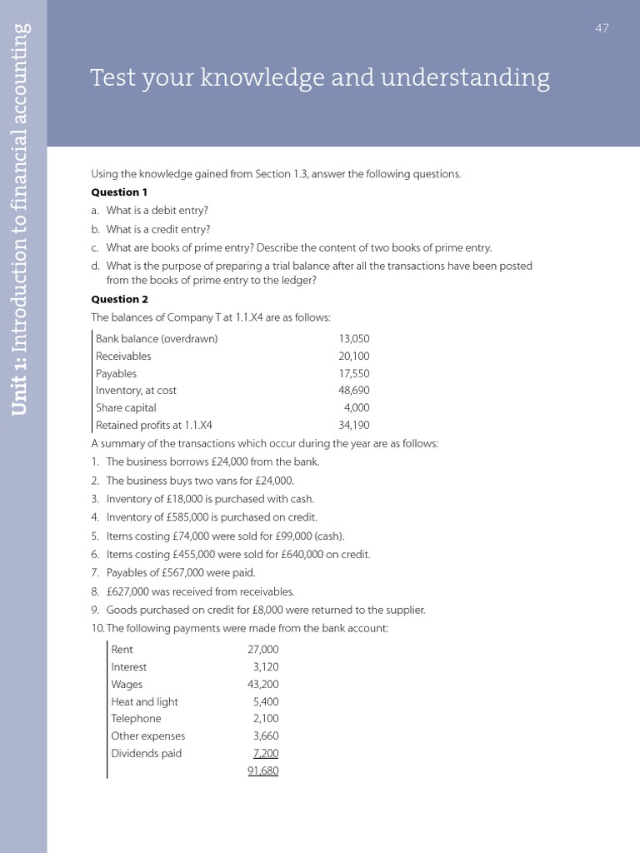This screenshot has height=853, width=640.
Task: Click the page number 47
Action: pyautogui.click(x=602, y=28)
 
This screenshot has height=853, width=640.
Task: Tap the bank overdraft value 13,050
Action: pyautogui.click(x=353, y=339)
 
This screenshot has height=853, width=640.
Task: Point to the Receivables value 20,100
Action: pyautogui.click(x=353, y=357)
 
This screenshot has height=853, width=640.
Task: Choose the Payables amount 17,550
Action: pyautogui.click(x=353, y=374)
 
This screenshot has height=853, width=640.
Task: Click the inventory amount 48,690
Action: pyautogui.click(x=353, y=391)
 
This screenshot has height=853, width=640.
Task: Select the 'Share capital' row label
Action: pyautogui.click(x=126, y=408)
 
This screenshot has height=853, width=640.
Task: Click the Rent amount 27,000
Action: pyautogui.click(x=263, y=650)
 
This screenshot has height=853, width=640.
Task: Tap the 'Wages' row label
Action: pyautogui.click(x=127, y=685)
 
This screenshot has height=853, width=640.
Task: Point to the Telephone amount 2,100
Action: pyautogui.click(x=266, y=719)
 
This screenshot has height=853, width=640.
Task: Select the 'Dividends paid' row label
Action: pyautogui.click(x=146, y=754)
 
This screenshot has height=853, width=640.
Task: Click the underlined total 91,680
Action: pyautogui.click(x=263, y=771)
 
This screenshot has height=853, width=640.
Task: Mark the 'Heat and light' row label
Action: pyautogui.click(x=144, y=702)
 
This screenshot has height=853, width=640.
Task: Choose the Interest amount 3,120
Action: pyautogui.click(x=266, y=667)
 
